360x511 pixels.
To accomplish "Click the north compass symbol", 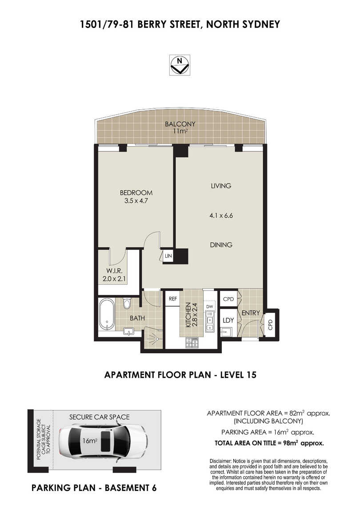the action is pos(180,65).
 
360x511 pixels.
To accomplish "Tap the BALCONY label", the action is pos(180,124).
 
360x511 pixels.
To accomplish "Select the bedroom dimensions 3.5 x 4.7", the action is pos(136,201).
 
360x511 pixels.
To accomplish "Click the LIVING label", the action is pos(221,186).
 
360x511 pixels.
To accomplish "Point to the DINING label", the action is pos(221,245).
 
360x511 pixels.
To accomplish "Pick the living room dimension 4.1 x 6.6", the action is pos(221,216).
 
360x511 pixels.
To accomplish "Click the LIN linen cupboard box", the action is pos(168,256).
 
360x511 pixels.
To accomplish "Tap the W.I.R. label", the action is pos(114,271).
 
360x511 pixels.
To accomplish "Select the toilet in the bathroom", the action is pos(127,303).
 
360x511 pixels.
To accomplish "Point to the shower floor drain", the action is pos(157,339).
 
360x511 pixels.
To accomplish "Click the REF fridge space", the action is pos(173,299).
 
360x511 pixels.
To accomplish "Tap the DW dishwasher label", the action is pos(209,307).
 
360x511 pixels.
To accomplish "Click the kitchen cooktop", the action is pos(192,343).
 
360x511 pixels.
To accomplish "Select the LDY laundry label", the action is pos(228,320).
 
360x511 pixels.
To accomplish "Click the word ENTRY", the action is pos(250,313).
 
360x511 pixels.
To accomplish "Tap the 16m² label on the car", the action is pos(90,441).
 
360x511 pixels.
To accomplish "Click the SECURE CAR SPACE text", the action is pos(100,417).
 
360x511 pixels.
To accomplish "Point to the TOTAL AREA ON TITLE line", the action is pos(269,443).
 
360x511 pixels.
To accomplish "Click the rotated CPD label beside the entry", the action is pos(270,324).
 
